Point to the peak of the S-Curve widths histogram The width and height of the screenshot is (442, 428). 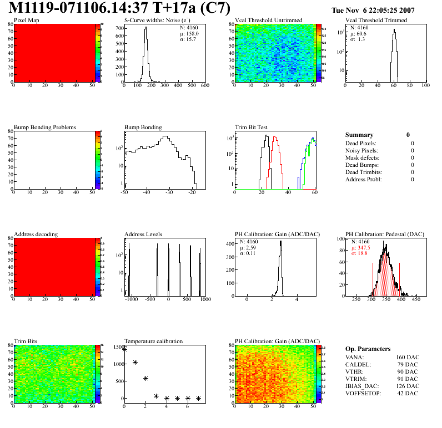tap(145, 29)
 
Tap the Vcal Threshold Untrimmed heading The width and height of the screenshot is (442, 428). tap(269, 21)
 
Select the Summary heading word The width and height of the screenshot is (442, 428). tap(359, 135)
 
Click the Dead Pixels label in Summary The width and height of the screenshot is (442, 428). tap(361, 143)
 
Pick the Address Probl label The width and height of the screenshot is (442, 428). tap(364, 179)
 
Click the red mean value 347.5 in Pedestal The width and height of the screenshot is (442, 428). tap(364, 248)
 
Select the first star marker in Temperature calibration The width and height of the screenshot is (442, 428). tap(124, 349)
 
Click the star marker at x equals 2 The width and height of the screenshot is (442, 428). tap(146, 378)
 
